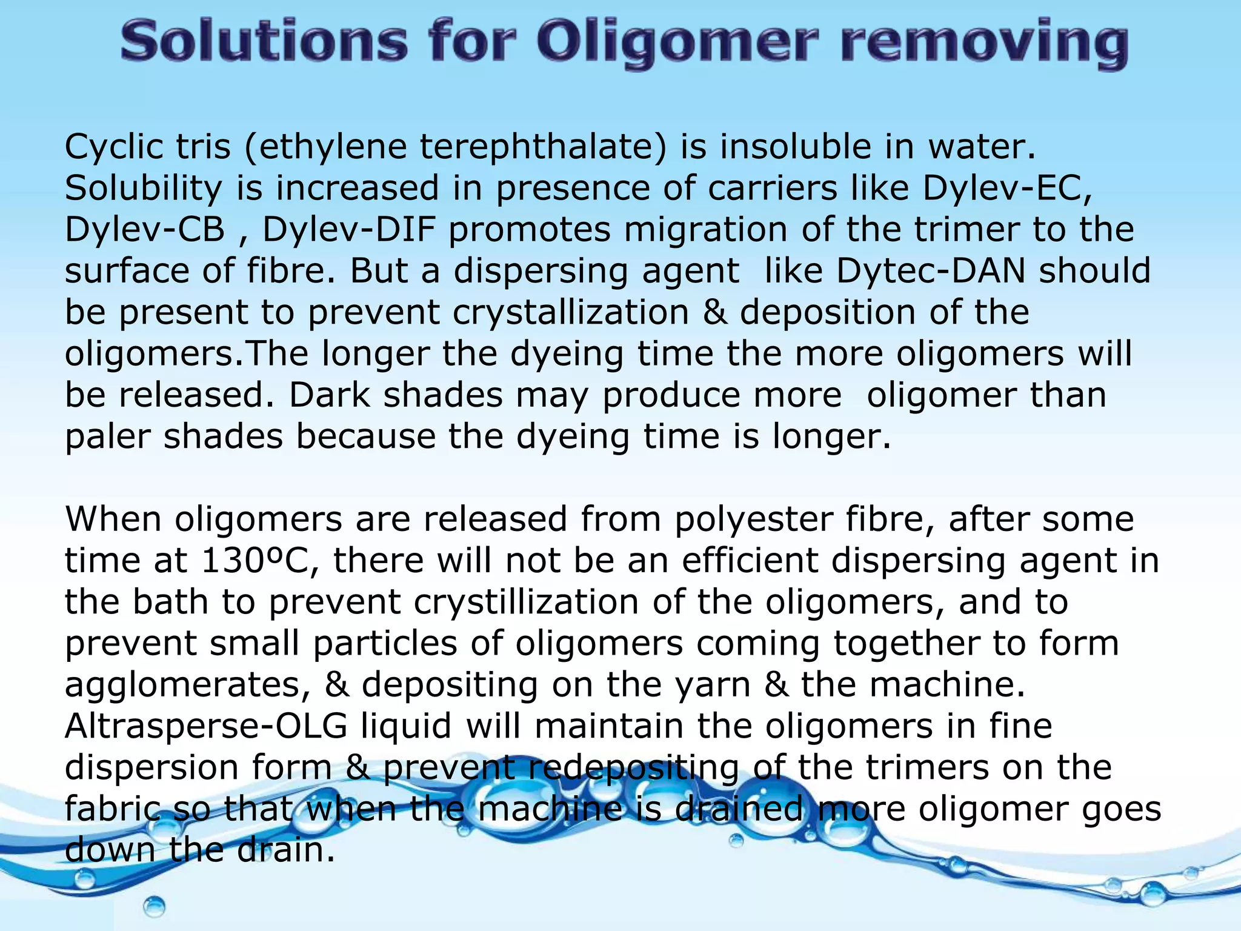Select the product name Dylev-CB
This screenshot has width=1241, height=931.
tap(145, 230)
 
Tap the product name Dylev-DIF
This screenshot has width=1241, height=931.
tap(349, 230)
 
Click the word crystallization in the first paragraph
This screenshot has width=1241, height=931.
tap(570, 312)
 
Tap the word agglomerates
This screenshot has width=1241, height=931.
tap(188, 685)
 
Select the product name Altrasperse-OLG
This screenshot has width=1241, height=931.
tap(206, 726)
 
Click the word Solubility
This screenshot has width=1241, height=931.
tap(143, 189)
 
